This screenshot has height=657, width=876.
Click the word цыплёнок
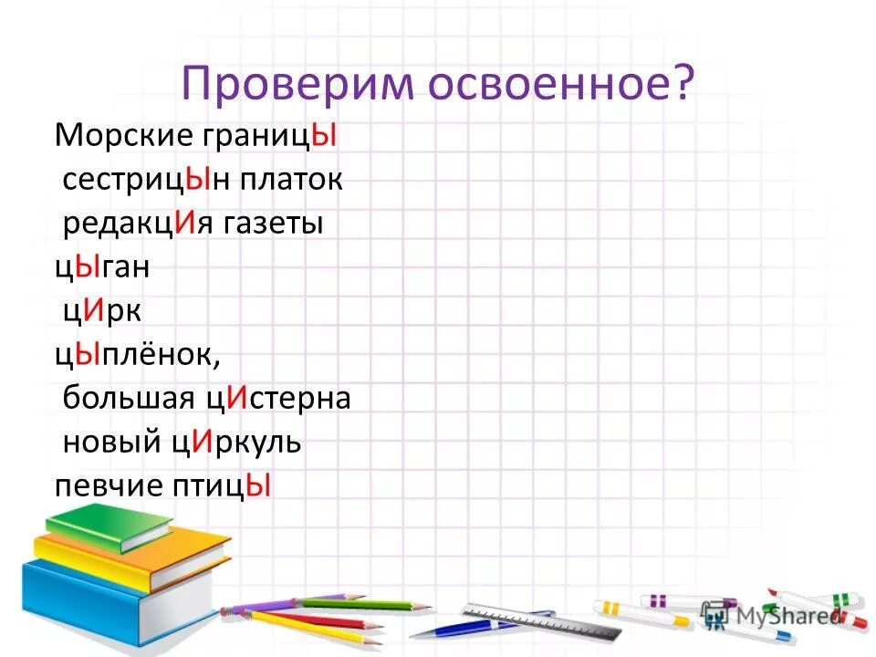coord(137,355)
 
